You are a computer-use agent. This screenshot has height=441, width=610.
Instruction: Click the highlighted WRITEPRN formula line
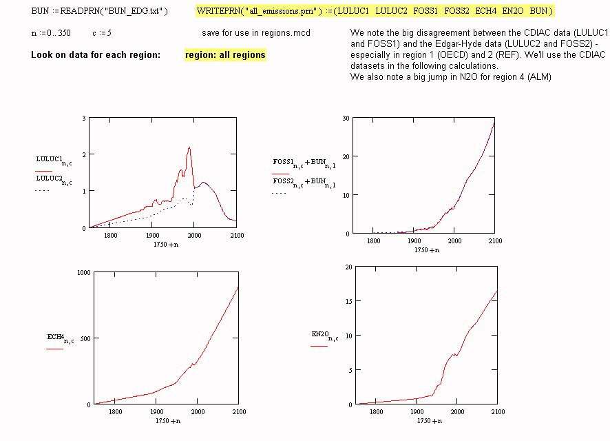(x=374, y=12)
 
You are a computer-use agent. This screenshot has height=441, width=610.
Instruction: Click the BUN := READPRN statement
(x=99, y=12)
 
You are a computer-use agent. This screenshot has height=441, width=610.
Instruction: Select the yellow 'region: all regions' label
(x=225, y=54)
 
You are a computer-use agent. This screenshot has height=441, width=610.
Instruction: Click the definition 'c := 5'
(x=102, y=33)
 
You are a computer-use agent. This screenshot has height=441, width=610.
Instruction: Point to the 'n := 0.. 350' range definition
(x=51, y=33)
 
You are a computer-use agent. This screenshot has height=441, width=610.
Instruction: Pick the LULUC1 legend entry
(x=53, y=161)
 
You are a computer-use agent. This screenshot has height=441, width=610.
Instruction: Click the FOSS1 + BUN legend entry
(x=304, y=163)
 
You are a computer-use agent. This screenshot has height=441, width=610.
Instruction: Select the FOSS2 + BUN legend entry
(x=304, y=183)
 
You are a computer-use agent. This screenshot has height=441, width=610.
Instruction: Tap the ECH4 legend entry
(x=60, y=338)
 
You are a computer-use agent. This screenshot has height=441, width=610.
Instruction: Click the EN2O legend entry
(x=324, y=336)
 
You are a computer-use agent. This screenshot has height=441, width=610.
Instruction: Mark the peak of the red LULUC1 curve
(x=189, y=147)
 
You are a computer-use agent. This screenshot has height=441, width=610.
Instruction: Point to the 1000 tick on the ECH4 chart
(x=83, y=272)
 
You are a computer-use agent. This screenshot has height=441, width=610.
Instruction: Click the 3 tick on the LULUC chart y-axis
(x=83, y=119)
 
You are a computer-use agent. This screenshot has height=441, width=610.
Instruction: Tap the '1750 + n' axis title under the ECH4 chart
(x=167, y=420)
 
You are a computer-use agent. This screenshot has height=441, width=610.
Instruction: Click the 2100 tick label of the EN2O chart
(x=496, y=412)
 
